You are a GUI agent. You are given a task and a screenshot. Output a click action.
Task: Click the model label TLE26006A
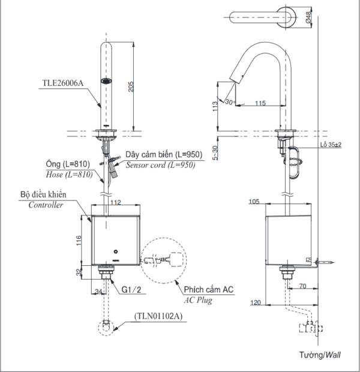click(x=63, y=83)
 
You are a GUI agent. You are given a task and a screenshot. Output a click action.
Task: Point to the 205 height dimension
click(x=131, y=86)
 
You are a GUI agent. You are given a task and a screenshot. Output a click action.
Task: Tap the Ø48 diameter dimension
click(x=308, y=17)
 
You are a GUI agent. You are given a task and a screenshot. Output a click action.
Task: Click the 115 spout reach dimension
click(x=260, y=103)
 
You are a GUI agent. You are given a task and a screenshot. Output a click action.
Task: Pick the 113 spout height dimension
click(x=215, y=106)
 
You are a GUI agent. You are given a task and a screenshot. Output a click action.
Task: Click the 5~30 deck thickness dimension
click(x=215, y=153)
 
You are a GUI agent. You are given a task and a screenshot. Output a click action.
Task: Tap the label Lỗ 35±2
click(x=331, y=145)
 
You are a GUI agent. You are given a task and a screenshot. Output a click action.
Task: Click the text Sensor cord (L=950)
click(x=161, y=165)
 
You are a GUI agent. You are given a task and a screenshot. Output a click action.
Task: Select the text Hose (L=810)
click(x=69, y=175)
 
